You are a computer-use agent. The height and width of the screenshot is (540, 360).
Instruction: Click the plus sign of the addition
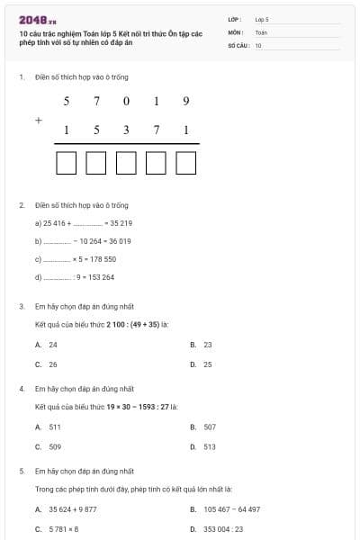(39, 119)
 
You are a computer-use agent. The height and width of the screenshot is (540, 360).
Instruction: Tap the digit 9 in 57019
(185, 101)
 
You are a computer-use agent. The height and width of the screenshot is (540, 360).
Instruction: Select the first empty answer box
(66, 163)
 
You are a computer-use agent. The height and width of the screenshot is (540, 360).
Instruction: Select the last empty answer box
(186, 163)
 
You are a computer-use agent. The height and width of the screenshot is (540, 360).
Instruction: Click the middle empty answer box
(126, 163)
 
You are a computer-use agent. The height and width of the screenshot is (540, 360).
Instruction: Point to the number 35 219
(121, 223)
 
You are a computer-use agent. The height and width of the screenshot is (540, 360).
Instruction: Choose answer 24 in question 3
(53, 345)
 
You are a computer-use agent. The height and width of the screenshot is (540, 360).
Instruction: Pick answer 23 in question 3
(208, 345)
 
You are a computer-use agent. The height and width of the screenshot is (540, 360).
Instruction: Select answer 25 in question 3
(208, 364)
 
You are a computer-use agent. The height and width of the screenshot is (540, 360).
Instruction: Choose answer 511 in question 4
(55, 427)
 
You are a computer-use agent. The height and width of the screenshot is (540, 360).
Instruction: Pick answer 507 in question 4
(210, 427)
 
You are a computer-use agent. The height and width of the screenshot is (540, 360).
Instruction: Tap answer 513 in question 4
(210, 446)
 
